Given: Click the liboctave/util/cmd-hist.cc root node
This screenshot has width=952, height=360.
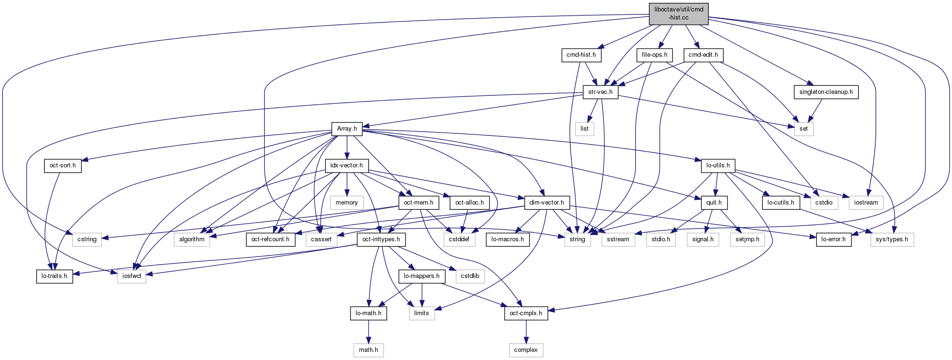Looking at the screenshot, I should click(x=678, y=14).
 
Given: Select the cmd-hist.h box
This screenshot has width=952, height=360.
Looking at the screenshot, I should click(x=581, y=55).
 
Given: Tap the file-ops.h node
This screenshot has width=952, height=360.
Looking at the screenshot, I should click(x=654, y=55).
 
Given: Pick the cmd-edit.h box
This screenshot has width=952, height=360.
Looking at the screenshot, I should click(x=703, y=55).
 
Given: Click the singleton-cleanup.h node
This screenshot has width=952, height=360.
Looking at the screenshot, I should click(x=826, y=92).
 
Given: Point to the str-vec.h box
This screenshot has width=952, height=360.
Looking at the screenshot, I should click(x=600, y=92).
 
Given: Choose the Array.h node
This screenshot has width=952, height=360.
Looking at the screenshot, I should click(x=347, y=129).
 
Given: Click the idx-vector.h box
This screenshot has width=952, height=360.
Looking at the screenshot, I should click(x=346, y=165).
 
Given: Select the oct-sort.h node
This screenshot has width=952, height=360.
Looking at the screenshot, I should click(x=62, y=165).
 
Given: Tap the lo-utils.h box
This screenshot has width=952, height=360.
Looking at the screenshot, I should click(x=718, y=165).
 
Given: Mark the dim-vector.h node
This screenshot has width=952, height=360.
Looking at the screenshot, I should click(x=546, y=203).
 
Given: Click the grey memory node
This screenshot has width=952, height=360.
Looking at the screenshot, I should click(x=346, y=203).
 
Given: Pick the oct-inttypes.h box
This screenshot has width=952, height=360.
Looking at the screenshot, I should click(x=381, y=239).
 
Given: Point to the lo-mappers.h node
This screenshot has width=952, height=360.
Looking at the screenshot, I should click(x=422, y=276).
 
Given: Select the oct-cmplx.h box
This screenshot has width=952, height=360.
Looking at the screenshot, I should click(x=526, y=313).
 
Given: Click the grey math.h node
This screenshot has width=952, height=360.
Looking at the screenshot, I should click(x=368, y=350).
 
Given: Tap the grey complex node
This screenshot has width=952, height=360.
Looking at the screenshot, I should click(x=526, y=350).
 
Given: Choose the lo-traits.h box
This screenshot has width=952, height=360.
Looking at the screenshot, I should click(x=54, y=276).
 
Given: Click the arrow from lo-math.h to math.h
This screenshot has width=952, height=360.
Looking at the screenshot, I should click(x=368, y=331).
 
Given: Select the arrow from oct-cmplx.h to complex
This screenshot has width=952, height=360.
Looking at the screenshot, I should click(x=526, y=331).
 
